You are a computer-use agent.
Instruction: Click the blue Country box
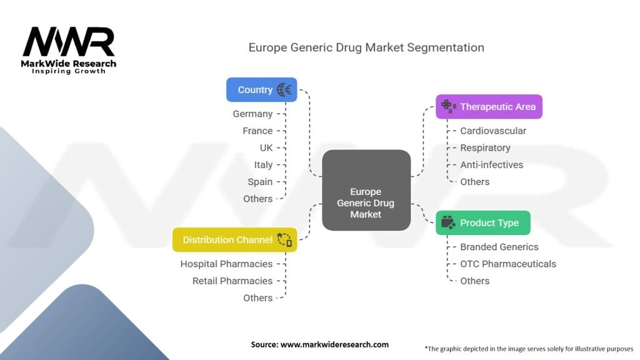(261, 89)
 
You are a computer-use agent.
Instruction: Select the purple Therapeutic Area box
(489, 106)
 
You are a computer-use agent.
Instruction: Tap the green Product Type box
(482, 222)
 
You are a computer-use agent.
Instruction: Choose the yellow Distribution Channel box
(234, 239)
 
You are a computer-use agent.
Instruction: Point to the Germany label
(252, 114)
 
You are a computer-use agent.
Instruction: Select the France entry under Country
(257, 131)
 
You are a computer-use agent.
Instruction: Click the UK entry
(266, 147)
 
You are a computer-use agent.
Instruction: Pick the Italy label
(263, 164)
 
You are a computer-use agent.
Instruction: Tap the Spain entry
(260, 181)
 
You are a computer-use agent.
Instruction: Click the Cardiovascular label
(493, 131)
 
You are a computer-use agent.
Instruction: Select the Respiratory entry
(485, 147)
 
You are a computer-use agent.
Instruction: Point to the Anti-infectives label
(492, 164)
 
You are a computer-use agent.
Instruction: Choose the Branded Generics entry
(499, 247)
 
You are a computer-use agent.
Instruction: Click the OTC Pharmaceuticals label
(508, 264)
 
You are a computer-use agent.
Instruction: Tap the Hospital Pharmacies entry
(226, 264)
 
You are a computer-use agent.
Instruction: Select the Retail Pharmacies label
(232, 281)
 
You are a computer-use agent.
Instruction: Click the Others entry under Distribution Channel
(257, 297)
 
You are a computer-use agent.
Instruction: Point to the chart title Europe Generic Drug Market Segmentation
(366, 47)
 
